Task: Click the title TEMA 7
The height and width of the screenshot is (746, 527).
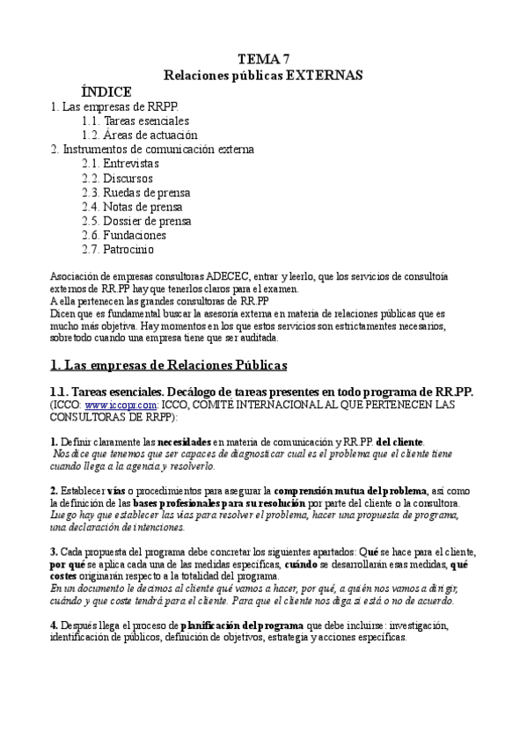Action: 264,59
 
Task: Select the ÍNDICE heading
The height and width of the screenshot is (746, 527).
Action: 106,91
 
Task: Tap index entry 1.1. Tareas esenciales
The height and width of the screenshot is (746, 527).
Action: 135,121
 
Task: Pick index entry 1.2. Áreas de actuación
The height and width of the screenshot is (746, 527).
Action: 139,135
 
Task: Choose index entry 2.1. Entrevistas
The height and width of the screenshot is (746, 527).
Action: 121,164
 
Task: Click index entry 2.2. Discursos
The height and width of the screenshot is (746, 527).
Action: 117,178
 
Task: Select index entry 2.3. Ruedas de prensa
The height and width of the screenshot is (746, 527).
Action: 135,192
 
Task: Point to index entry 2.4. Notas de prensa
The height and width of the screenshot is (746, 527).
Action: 132,207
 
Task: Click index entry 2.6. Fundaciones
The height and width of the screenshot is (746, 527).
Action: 124,235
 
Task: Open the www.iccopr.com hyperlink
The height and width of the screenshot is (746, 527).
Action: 110,406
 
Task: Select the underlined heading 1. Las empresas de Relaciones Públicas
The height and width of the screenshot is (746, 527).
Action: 168,364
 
